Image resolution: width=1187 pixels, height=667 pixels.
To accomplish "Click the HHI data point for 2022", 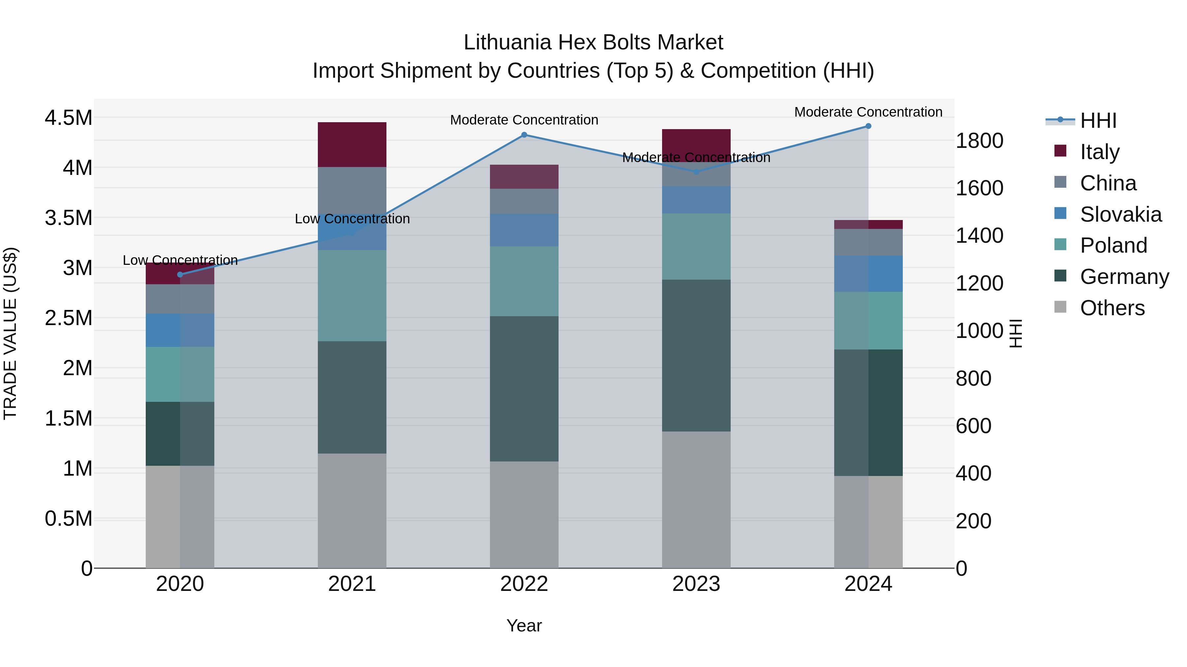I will [524, 135].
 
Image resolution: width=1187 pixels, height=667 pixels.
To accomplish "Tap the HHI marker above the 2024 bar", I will [868, 126].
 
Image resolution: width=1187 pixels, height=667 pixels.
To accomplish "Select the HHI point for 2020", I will [180, 275].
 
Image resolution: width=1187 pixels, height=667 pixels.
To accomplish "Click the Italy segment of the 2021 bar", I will [352, 145].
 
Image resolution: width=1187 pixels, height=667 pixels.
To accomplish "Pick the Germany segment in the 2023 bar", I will [696, 355].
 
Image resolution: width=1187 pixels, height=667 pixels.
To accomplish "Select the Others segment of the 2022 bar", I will [524, 514].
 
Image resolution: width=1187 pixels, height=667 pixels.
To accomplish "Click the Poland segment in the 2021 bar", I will [352, 295].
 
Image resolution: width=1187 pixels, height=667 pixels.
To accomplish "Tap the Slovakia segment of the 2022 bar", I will [524, 230].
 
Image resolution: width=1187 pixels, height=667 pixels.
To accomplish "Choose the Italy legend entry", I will [1099, 152].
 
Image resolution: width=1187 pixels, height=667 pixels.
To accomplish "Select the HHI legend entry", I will [1098, 121].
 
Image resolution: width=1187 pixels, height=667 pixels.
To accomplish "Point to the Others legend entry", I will [1112, 308].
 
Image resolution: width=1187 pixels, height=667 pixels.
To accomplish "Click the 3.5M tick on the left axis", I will [69, 218].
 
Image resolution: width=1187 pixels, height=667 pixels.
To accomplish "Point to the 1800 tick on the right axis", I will [980, 141].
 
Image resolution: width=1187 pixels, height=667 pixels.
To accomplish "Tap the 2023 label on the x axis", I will [696, 584].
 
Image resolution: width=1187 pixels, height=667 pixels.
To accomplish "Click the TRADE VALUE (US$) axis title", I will [10, 333].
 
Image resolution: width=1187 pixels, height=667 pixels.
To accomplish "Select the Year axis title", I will [524, 625].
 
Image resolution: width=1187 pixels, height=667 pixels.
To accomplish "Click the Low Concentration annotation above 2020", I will [180, 260].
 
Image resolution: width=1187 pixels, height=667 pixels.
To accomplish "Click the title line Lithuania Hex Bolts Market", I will [593, 42].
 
